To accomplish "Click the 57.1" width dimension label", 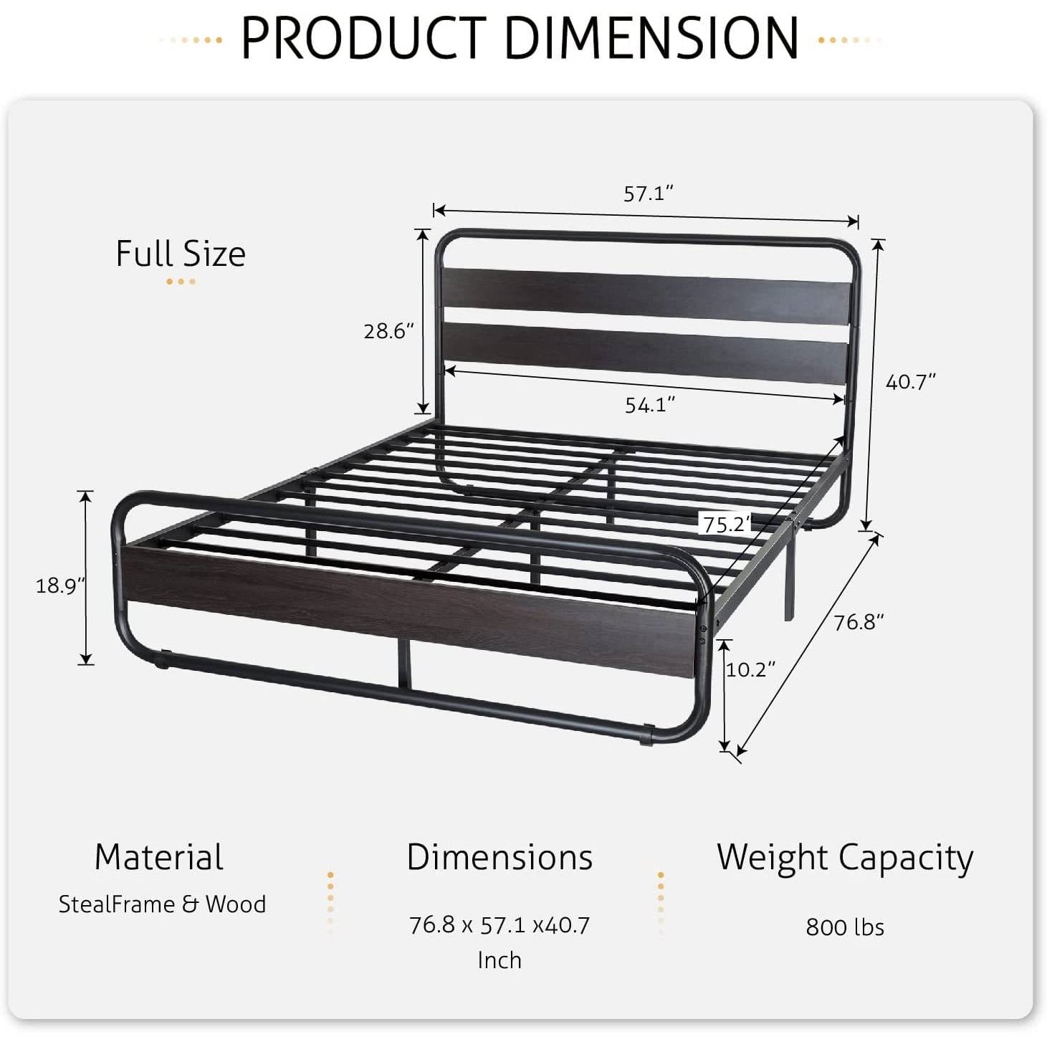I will pyautogui.click(x=649, y=193).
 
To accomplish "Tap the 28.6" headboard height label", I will pyautogui.click(x=389, y=331).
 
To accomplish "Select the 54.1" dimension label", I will pyautogui.click(x=650, y=405).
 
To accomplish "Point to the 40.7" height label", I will pyautogui.click(x=911, y=382).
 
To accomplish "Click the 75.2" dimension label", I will pyautogui.click(x=726, y=525).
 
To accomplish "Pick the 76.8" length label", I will pyautogui.click(x=859, y=621).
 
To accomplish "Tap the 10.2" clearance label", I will pyautogui.click(x=750, y=669).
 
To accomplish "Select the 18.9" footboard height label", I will pyautogui.click(x=60, y=585).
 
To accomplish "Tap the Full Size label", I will pyautogui.click(x=181, y=254).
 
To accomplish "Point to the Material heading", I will pyautogui.click(x=159, y=857).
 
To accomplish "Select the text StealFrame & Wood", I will pyautogui.click(x=162, y=904).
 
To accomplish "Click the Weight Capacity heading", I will pyautogui.click(x=845, y=858).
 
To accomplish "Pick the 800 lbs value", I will pyautogui.click(x=845, y=927).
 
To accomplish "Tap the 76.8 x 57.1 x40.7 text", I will pyautogui.click(x=499, y=925).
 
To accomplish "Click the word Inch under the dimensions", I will pyautogui.click(x=499, y=960).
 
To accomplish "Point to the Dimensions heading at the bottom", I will pyautogui.click(x=499, y=857).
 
